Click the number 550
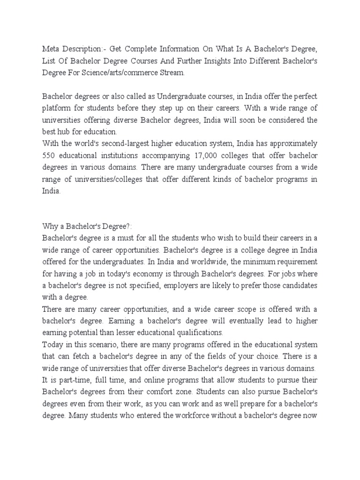49,156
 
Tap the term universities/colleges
104,179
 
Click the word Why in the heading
50,226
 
